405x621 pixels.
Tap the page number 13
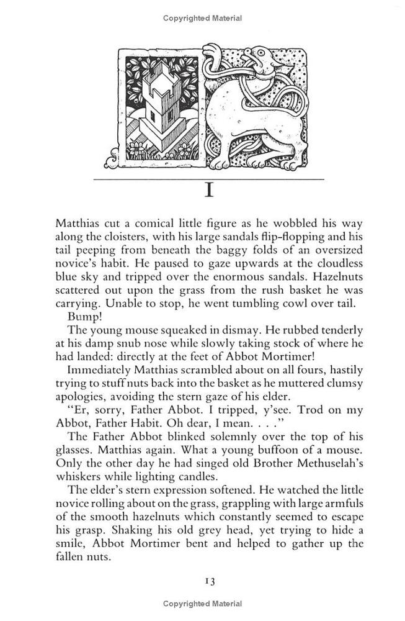point(208,581)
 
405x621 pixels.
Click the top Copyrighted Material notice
point(202,19)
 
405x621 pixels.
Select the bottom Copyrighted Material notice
point(202,604)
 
